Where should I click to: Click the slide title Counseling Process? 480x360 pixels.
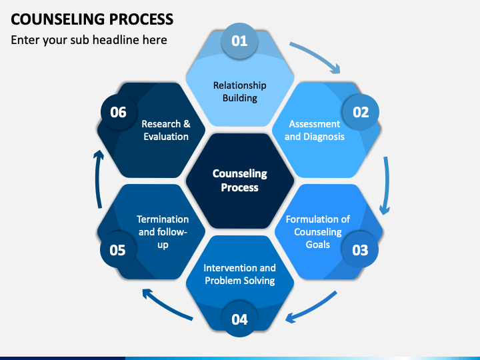(92, 19)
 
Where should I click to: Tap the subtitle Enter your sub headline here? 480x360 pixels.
(89, 40)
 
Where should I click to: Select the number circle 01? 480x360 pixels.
(239, 41)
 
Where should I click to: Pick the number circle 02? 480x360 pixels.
(361, 112)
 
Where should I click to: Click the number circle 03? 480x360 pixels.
(360, 250)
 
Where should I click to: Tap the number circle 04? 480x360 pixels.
(239, 319)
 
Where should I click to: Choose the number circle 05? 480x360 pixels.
(118, 250)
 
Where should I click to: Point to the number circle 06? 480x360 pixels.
(119, 112)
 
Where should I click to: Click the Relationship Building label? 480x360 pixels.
(240, 91)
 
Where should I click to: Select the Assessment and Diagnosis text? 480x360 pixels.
(315, 130)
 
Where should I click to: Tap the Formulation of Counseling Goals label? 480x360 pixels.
(318, 232)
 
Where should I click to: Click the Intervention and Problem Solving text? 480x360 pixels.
(240, 274)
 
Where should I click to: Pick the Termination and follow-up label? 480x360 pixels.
(163, 232)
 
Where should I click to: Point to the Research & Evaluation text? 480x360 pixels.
(166, 130)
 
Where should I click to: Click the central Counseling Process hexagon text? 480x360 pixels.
(240, 180)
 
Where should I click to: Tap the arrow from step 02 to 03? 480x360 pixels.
(387, 185)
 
